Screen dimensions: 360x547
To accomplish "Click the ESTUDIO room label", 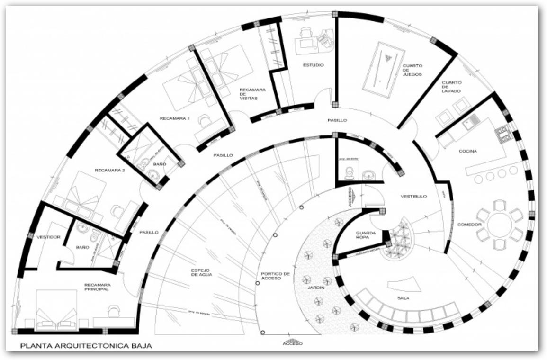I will (x=313, y=65).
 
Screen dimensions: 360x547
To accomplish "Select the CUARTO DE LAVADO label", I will (x=451, y=87).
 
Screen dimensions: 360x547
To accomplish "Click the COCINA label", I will (x=467, y=151).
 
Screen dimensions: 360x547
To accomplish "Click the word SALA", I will (x=404, y=298).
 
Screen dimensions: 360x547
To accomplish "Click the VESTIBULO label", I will (x=413, y=196).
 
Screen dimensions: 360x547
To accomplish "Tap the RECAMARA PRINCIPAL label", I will (x=97, y=287).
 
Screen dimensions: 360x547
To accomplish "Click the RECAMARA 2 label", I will (x=109, y=171).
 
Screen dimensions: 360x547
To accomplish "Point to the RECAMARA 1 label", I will (x=174, y=118).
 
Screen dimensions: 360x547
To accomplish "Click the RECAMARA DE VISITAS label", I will (x=252, y=94).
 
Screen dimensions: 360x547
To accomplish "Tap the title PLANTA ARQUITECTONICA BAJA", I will (x=86, y=346).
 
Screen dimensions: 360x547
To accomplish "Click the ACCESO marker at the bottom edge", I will (x=292, y=342).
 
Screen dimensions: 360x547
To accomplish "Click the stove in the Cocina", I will (x=503, y=135).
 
